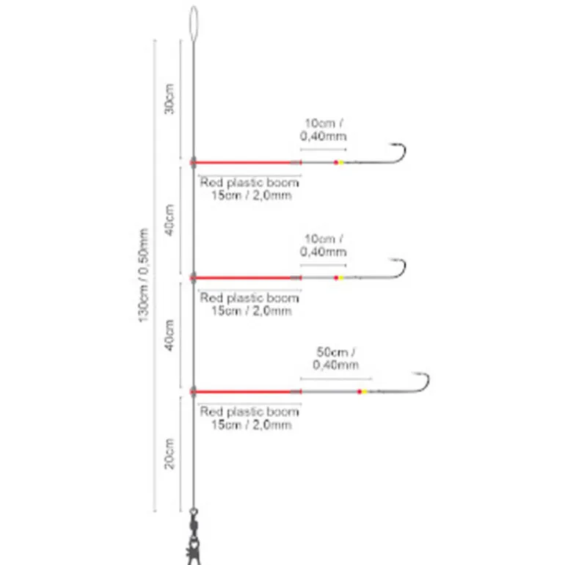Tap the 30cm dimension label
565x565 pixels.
point(169,99)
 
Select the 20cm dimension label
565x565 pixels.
point(169,453)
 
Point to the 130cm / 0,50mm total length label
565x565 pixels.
point(143,275)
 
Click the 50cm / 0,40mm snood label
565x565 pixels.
point(336,358)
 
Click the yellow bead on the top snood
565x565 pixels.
point(341,162)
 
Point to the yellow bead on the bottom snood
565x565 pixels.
point(364,392)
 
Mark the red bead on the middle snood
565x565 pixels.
point(336,278)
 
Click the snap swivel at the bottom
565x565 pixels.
point(194,536)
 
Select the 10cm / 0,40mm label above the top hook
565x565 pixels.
point(323,129)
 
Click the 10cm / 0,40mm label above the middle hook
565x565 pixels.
point(323,245)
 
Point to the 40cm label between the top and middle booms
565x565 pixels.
point(169,220)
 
